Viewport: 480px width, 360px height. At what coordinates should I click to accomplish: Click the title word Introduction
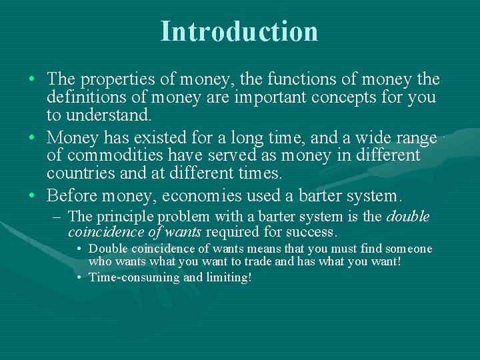[239, 31]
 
